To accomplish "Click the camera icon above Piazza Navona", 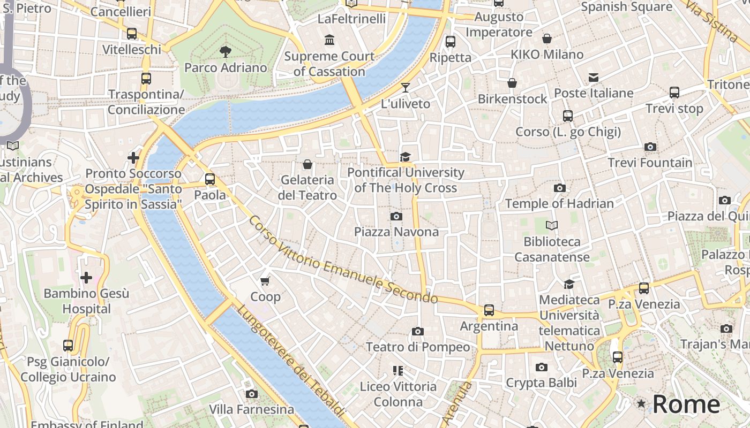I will pos(396,216).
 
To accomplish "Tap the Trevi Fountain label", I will pos(650,163).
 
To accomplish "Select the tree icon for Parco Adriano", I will pos(226,51).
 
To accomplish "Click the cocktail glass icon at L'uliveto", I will pos(406,88).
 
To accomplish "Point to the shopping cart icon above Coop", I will pos(265,281).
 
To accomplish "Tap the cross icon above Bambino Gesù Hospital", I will pos(86,278).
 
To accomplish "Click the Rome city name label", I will pos(686,404).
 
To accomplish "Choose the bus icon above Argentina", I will pos(489,310).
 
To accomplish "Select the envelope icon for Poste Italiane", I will pos(594,78).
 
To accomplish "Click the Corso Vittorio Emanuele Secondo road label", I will pos(343,259).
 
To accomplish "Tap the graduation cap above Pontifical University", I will pos(406,157).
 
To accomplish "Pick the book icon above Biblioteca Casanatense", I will pos(552,226).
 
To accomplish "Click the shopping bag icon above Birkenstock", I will pos(512,83).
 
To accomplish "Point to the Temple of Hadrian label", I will pos(559,203).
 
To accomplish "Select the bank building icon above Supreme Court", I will pos(329,40).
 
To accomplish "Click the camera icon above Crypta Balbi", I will pos(542,367).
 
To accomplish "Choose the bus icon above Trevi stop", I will pos(674,93).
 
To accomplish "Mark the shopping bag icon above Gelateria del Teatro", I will pos(307,164).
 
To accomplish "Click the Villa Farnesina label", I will pos(251,410).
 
